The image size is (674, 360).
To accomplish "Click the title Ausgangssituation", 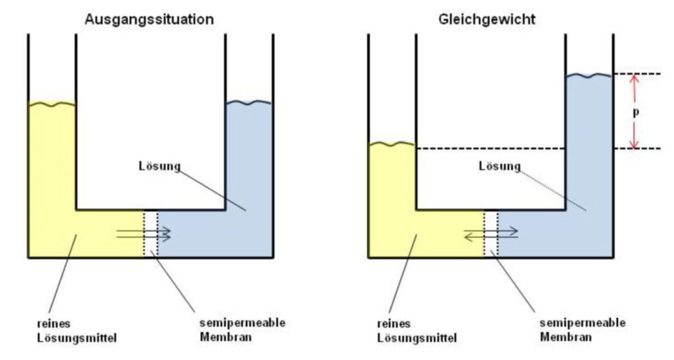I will coord(149,19).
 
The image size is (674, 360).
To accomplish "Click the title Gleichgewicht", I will coord(486,19).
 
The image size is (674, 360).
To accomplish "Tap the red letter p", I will coord(635,112).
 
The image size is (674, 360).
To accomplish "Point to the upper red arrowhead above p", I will coord(634,79).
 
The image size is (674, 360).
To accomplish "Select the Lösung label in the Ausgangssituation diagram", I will coord(160,166).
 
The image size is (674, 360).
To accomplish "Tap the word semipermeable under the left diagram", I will coord(242,323).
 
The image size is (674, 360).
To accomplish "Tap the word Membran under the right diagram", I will coord(566,337).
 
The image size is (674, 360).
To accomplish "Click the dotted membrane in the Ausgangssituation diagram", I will coord(151,234).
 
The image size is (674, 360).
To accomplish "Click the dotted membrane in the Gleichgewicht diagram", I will coord(491,234).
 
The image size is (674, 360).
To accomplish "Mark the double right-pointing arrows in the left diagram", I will coord(144,234).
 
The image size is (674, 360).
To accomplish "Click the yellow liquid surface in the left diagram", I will coord(52,104).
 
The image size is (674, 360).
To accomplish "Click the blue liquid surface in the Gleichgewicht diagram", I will coord(589,75).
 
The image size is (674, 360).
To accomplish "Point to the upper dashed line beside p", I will coord(646,74).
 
